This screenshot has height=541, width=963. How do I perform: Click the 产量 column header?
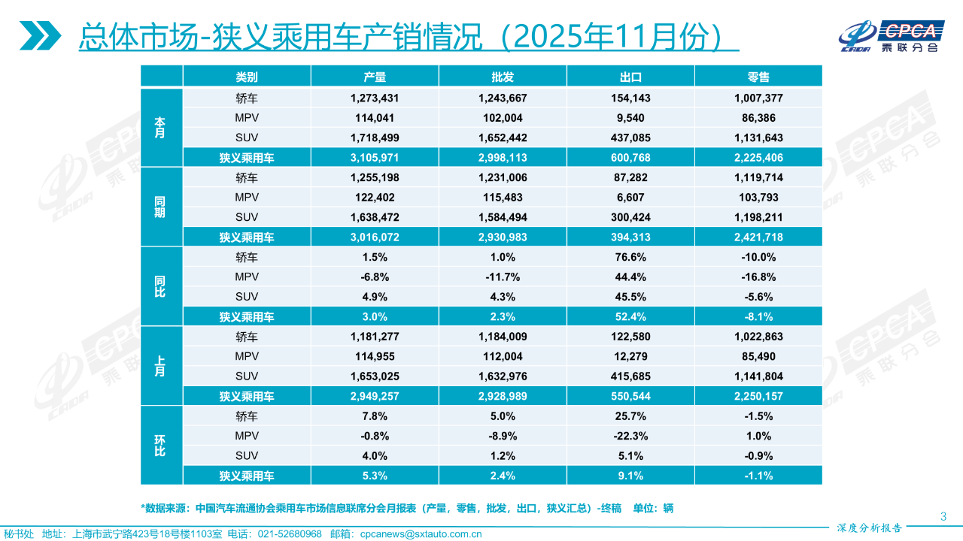click(374, 77)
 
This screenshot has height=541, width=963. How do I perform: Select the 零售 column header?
click(758, 77)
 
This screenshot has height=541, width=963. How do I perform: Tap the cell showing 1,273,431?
click(374, 98)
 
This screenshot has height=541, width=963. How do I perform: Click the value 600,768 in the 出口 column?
click(630, 158)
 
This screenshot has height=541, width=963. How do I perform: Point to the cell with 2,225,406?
click(758, 158)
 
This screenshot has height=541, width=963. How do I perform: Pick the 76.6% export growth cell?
click(630, 257)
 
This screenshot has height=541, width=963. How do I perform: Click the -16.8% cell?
click(758, 277)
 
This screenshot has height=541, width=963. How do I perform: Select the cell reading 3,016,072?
click(374, 237)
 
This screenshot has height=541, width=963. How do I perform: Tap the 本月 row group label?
click(160, 128)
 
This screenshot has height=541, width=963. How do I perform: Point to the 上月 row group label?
click(160, 366)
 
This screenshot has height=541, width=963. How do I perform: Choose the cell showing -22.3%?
click(630, 436)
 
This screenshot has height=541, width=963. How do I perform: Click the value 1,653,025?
click(374, 376)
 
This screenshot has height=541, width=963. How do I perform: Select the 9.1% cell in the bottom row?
click(630, 476)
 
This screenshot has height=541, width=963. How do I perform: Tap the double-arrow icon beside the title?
click(41, 36)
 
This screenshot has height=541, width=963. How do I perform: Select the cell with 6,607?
click(630, 198)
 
